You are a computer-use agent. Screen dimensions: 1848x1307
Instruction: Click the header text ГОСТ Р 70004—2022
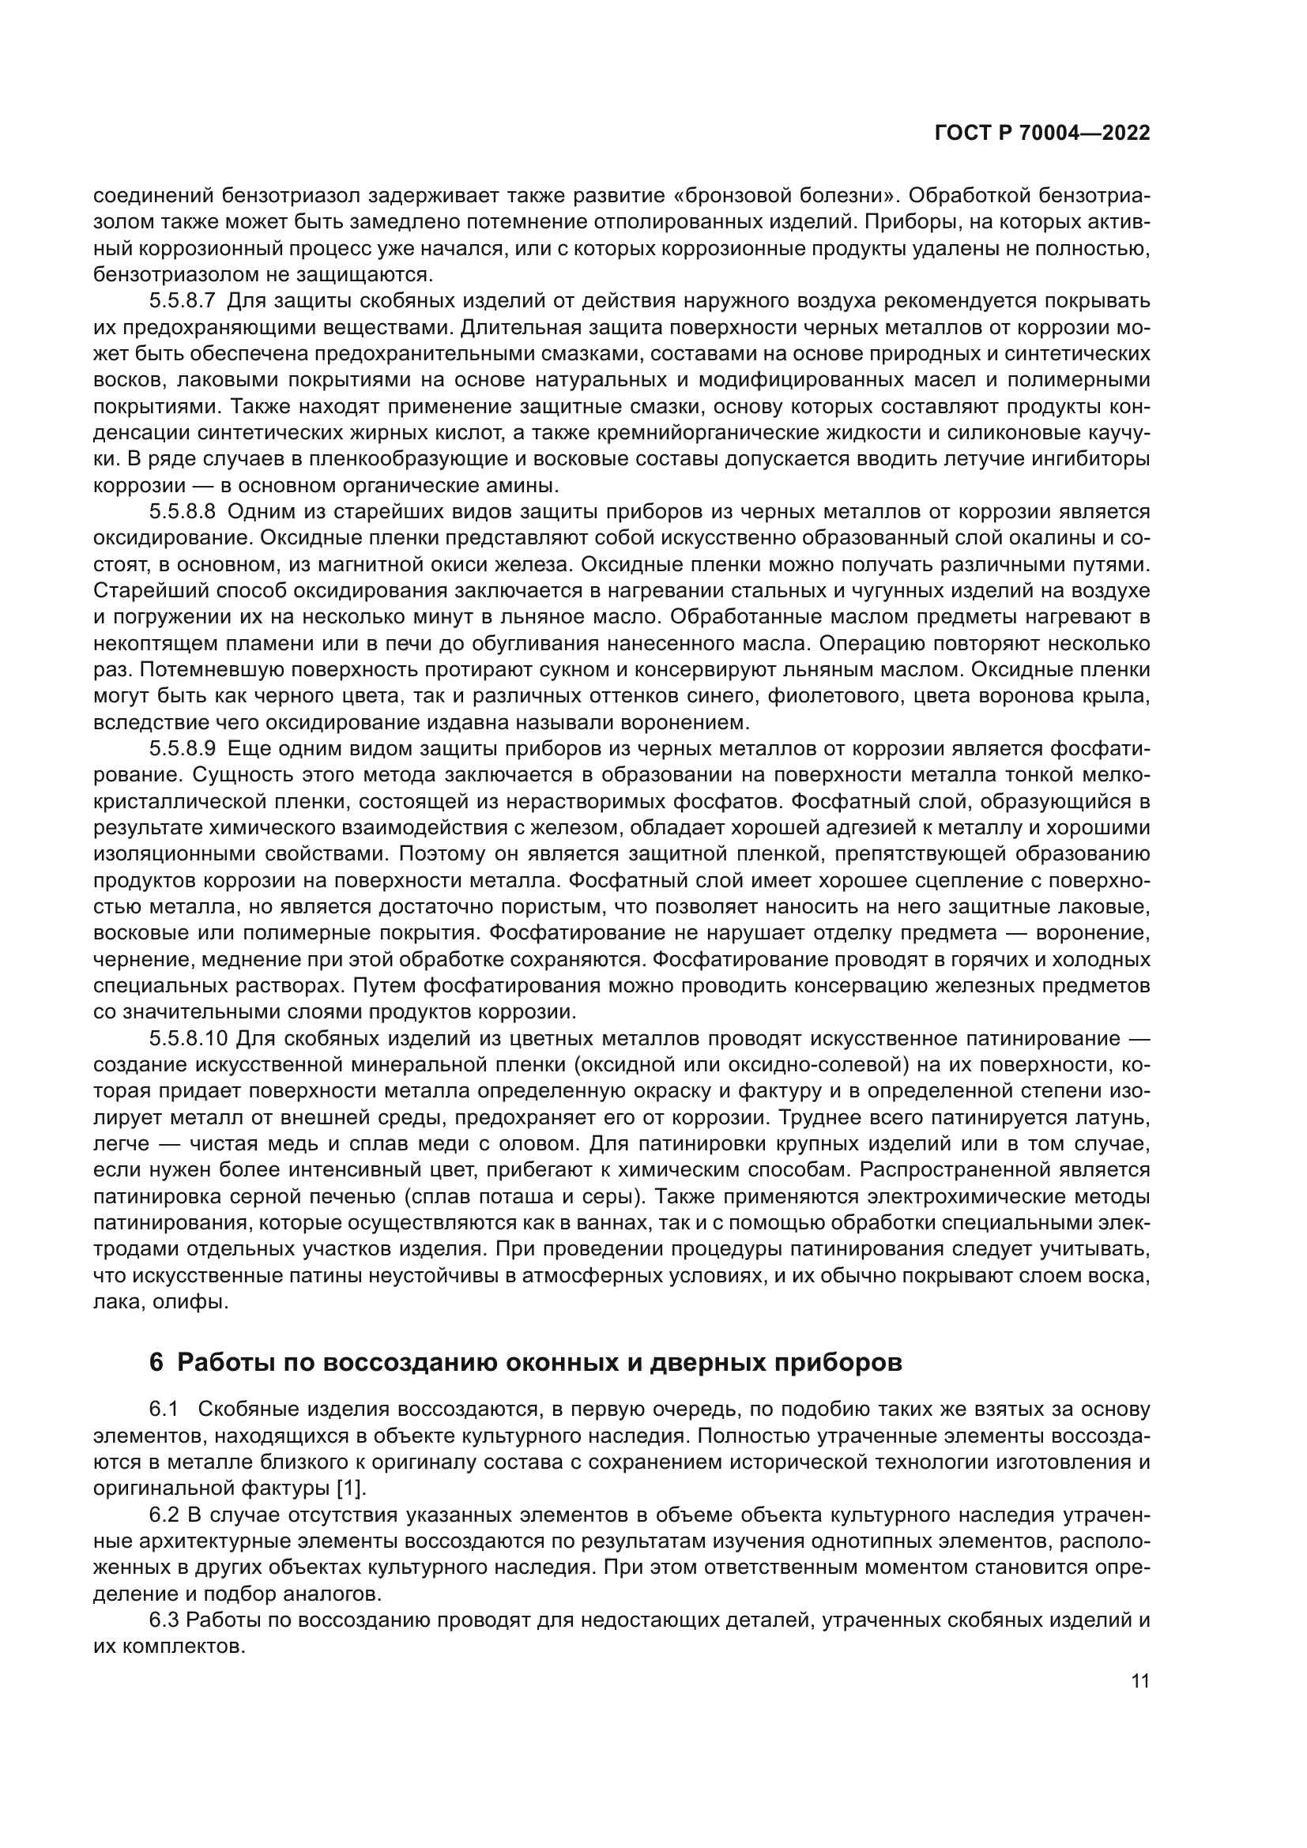click(x=1042, y=134)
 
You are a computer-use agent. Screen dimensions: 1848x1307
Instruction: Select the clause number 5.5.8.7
click(x=182, y=301)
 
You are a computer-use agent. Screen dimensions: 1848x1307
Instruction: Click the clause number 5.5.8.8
click(x=182, y=512)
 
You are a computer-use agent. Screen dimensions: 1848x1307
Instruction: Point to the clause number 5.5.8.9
click(x=182, y=748)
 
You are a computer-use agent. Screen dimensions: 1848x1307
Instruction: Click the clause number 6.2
click(x=164, y=1515)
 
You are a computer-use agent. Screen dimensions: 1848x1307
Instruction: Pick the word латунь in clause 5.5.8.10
click(x=1117, y=1118)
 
